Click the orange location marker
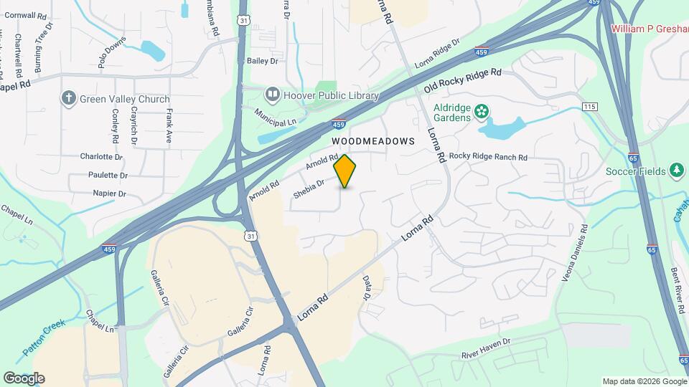[x=345, y=171]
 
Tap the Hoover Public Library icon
[x=272, y=94]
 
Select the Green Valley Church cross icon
[x=69, y=99]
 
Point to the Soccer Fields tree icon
[x=675, y=170]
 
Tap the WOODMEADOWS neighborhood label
[x=373, y=141]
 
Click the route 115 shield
[x=590, y=107]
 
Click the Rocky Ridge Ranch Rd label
[x=488, y=157]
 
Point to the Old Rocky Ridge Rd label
[x=461, y=81]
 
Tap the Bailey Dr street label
[x=262, y=62]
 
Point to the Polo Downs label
[x=112, y=57]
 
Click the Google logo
[x=24, y=378]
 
